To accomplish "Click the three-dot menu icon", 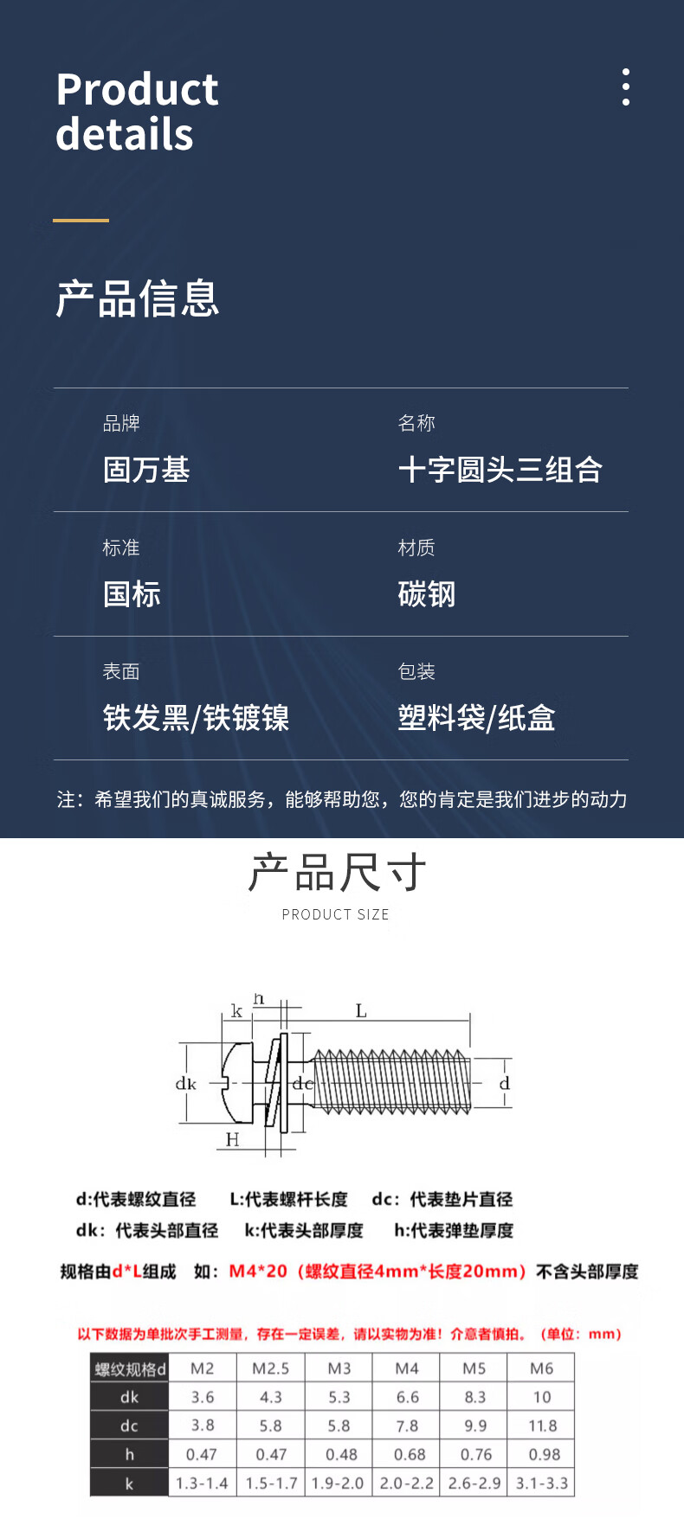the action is (x=625, y=87).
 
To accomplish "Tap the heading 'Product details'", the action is (x=137, y=112).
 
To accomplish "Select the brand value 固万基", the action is (x=146, y=470).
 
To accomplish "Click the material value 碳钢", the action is (x=426, y=594).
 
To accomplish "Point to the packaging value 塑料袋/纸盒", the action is (x=476, y=718).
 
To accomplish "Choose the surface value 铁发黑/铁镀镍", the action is (x=196, y=718).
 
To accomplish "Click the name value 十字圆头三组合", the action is (x=500, y=470).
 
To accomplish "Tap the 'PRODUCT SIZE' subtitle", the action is (x=335, y=914).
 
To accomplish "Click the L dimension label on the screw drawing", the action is (x=361, y=1011).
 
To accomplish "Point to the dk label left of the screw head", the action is (x=186, y=1084).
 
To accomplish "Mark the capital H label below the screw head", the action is (x=232, y=1139).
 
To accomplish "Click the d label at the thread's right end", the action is (x=504, y=1083).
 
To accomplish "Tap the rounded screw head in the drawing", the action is (x=237, y=1083).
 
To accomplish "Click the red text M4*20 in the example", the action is (x=258, y=1272).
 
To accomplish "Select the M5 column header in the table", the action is (x=474, y=1368).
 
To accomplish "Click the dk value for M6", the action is (x=542, y=1397).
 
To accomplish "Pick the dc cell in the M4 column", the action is (x=407, y=1426).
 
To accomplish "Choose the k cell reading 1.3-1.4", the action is (x=202, y=1483).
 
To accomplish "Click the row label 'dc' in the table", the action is (x=129, y=1426).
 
